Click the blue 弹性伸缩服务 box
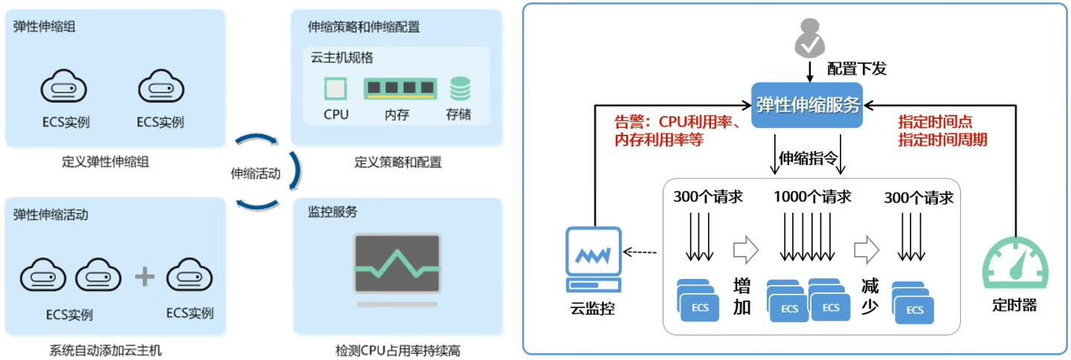pyautogui.click(x=808, y=105)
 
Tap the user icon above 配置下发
pyautogui.click(x=809, y=39)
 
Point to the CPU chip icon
pyautogui.click(x=336, y=90)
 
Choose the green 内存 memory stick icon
pyautogui.click(x=399, y=89)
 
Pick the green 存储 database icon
pyautogui.click(x=460, y=89)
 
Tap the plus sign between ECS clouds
pyautogui.click(x=144, y=277)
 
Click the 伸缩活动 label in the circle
pyautogui.click(x=255, y=174)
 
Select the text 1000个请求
pyautogui.click(x=812, y=197)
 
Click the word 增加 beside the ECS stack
pyautogui.click(x=742, y=297)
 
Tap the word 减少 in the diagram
pyautogui.click(x=870, y=297)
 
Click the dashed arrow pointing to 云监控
pyautogui.click(x=640, y=252)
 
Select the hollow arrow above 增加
pyautogui.click(x=745, y=250)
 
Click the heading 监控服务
pyautogui.click(x=332, y=212)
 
